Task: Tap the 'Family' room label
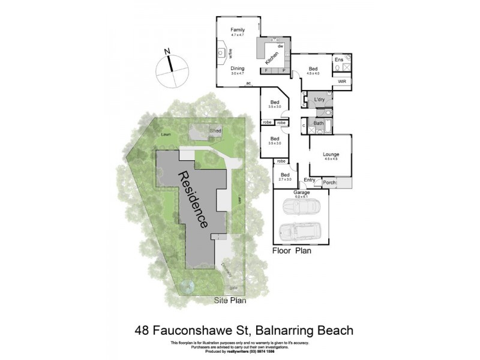click(239, 29)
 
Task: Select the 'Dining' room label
click(238, 69)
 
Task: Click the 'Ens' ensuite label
click(339, 59)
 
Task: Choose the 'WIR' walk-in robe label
click(341, 82)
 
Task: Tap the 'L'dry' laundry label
click(320, 99)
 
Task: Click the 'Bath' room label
click(319, 124)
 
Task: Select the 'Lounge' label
click(331, 154)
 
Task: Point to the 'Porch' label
click(329, 182)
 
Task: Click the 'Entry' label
click(310, 180)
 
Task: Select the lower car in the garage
click(301, 230)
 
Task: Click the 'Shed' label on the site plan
click(215, 131)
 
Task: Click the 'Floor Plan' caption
click(292, 251)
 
